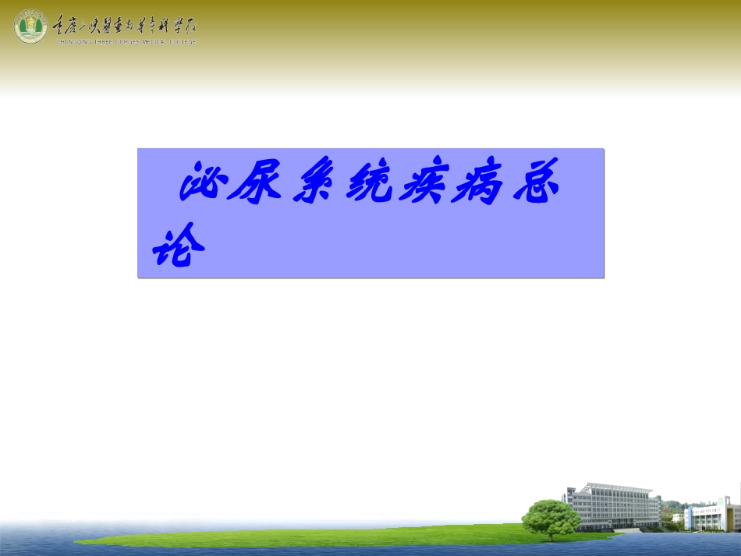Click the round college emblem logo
tap(30, 27)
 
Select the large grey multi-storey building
tap(617, 507)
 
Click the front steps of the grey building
tap(628, 530)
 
